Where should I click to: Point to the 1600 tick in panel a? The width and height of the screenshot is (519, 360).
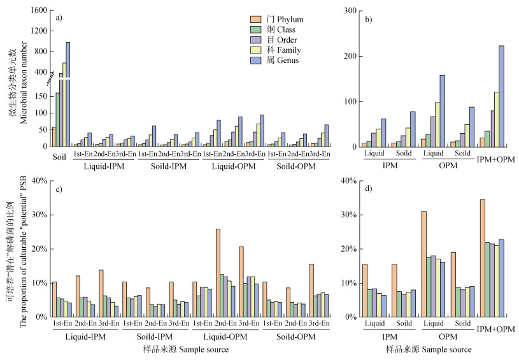pos(38,11)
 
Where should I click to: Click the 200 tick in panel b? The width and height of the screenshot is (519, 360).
pos(348,56)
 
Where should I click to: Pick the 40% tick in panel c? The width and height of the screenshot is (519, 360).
pos(39,181)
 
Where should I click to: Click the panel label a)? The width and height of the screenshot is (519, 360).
pos(59,18)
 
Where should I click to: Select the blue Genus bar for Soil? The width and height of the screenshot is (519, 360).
pos(68,94)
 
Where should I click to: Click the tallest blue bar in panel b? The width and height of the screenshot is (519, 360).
pos(501,96)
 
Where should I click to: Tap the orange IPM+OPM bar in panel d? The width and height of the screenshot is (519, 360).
pos(482,258)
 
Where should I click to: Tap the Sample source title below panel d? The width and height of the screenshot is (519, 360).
pos(428,349)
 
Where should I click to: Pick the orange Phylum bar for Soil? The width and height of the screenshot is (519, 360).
pos(53,137)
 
